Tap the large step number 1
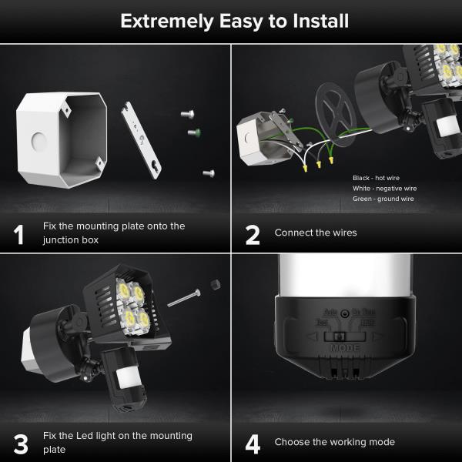coord(19,234)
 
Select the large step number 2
coord(252,234)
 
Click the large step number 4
coord(253,444)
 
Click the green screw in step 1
coord(194,132)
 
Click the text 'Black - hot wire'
coord(376,178)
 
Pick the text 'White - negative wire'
coord(383,188)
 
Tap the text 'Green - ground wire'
coord(383,199)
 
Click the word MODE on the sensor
coord(345,347)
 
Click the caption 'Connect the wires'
coord(315,233)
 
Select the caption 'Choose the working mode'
coord(334,442)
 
